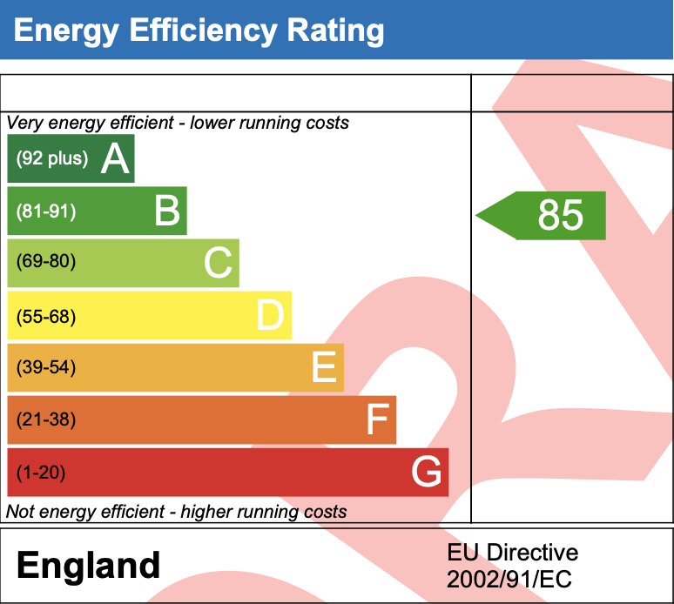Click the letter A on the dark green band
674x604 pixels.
click(115, 159)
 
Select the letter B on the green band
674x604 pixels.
click(167, 211)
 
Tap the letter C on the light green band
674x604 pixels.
click(219, 264)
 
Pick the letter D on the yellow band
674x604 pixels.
click(271, 316)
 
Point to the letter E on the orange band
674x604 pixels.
click(324, 368)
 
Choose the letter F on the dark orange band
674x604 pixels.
click(376, 420)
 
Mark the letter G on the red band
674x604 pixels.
click(428, 473)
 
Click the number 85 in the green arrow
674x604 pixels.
click(560, 215)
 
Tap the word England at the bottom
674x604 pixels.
click(89, 566)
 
